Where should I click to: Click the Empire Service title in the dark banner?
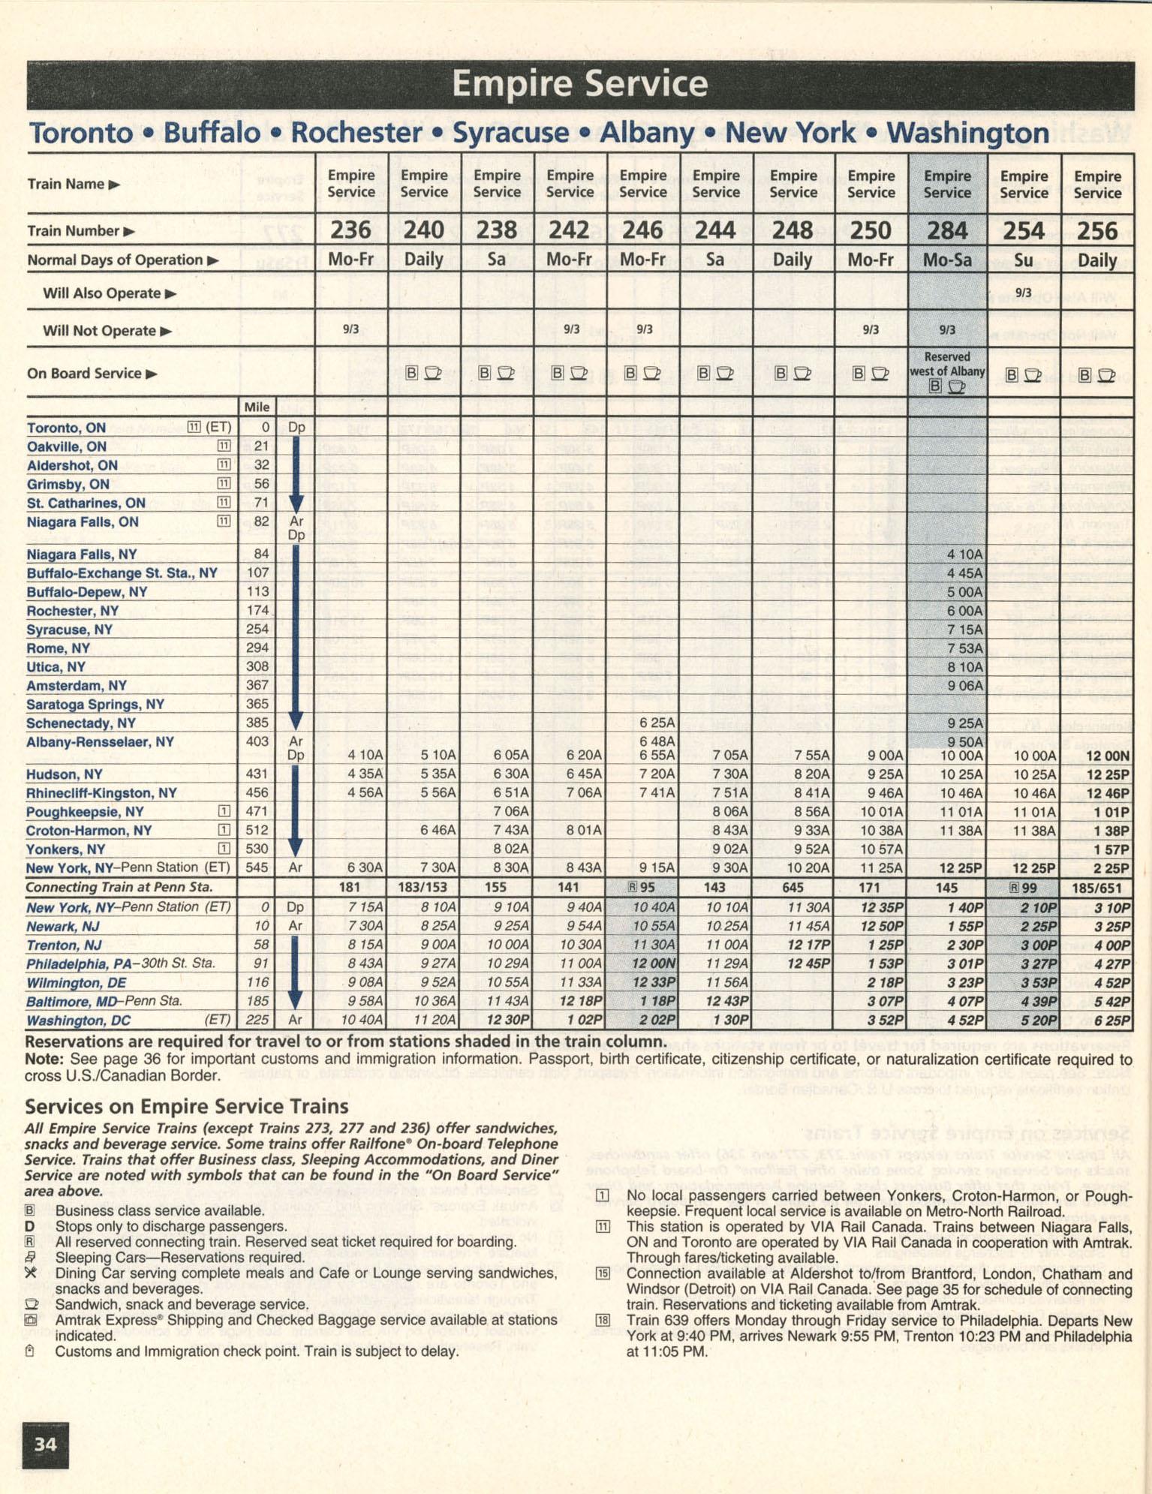579,84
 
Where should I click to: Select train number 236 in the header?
351,230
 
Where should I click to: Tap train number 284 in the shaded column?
947,230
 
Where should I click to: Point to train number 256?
1097,230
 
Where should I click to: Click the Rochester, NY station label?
72,611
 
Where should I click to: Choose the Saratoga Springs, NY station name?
95,705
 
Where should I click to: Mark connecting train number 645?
793,888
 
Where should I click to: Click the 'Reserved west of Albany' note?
947,364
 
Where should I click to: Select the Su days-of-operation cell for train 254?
1024,260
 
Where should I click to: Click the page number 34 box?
46,1444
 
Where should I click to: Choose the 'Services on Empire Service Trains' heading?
186,1107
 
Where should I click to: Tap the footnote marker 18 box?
603,1320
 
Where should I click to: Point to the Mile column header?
257,407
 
